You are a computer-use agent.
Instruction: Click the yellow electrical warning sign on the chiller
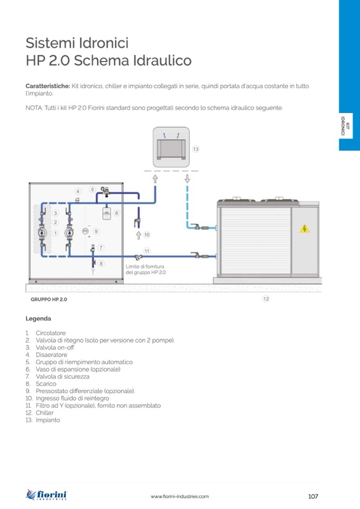tap(304, 228)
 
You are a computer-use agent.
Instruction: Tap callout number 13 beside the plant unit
tap(195, 149)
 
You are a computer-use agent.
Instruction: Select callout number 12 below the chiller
tap(266, 299)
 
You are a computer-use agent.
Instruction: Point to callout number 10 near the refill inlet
tap(147, 235)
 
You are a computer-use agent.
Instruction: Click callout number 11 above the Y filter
tap(147, 251)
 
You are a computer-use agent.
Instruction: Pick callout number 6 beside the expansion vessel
tap(116, 213)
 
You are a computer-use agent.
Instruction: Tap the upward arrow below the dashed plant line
tap(155, 179)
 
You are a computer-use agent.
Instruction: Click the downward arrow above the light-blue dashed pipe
tap(187, 178)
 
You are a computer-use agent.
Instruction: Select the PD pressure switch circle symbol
tap(85, 231)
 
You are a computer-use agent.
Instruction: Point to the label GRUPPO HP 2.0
tap(49, 299)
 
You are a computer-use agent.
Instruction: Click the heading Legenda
tap(38, 318)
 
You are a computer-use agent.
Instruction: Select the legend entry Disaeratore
tap(52, 355)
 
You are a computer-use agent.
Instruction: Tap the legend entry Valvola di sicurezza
tap(62, 376)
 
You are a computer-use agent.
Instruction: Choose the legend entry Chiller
tap(45, 412)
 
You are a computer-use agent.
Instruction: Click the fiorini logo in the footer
tap(46, 495)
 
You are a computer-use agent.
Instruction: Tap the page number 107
tap(313, 496)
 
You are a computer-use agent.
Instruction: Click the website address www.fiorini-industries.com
tap(179, 496)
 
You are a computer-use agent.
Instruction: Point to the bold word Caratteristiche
tap(48, 86)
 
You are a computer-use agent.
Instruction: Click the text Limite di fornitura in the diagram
tap(145, 266)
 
